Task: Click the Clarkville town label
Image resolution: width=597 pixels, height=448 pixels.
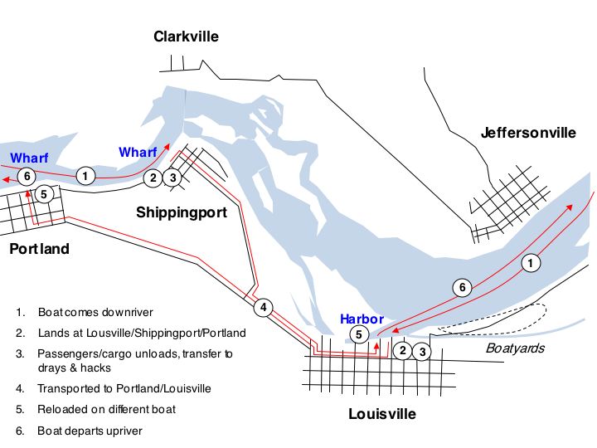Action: (186, 37)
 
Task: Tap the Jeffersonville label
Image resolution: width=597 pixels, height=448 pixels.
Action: (528, 132)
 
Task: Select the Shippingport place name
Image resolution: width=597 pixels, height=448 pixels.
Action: (182, 212)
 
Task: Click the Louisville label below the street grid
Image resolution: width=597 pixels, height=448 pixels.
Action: (382, 413)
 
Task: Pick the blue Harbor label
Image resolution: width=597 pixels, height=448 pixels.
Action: (362, 319)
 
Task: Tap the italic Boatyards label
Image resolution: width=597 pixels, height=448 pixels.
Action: (516, 348)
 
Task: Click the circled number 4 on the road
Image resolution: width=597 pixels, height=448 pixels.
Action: (263, 308)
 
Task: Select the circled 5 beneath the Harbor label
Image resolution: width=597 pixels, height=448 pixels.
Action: (358, 335)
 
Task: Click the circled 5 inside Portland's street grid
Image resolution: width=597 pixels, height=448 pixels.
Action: (46, 194)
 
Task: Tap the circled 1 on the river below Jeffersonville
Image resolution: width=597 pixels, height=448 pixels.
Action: (531, 263)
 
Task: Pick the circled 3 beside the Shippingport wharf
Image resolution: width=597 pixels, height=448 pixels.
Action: (172, 177)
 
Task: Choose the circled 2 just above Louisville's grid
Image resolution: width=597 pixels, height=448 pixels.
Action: (402, 350)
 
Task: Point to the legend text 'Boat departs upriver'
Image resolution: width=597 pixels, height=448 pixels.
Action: (89, 431)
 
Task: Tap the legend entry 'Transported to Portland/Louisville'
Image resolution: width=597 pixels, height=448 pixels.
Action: (124, 388)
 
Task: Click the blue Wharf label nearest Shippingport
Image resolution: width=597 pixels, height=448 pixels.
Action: (138, 152)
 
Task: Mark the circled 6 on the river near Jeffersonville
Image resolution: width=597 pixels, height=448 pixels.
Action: (464, 288)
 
